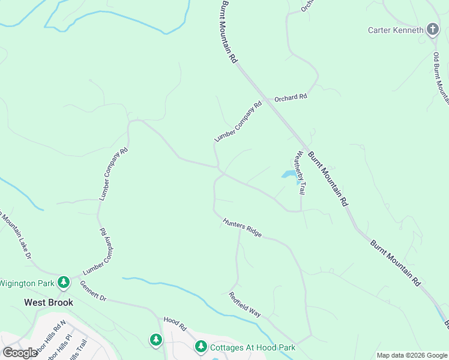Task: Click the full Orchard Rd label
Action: (291, 97)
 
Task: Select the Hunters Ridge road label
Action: (243, 227)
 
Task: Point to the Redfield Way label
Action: (245, 305)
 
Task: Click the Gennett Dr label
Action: (92, 290)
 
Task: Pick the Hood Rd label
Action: (175, 323)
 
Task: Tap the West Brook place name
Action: (49, 302)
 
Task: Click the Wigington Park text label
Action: (27, 283)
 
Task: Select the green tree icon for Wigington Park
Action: (64, 282)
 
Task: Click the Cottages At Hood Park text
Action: (252, 347)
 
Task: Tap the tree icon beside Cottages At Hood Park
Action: (201, 347)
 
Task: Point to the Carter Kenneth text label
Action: (396, 29)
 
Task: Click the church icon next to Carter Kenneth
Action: (433, 29)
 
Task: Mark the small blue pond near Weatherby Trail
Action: (289, 175)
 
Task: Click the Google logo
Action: (20, 353)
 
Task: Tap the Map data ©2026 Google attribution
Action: (412, 355)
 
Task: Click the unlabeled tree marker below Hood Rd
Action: (156, 340)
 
